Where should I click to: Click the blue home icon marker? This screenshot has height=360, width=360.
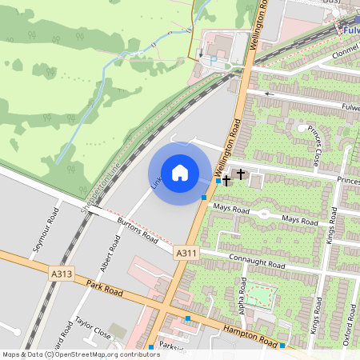(x=180, y=173)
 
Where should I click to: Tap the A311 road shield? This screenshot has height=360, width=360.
(x=186, y=253)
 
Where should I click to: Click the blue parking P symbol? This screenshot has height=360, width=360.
(x=213, y=59)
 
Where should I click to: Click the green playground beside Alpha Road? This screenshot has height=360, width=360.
(x=260, y=294)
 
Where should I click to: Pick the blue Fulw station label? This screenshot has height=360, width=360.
(x=350, y=30)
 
